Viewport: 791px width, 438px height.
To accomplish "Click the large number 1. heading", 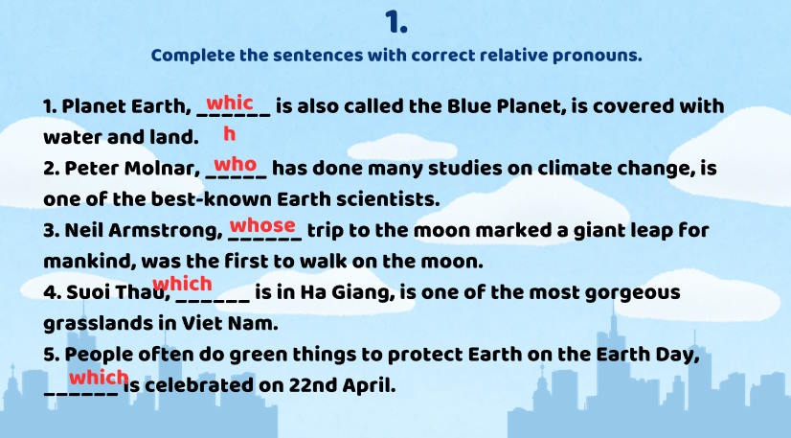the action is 396,23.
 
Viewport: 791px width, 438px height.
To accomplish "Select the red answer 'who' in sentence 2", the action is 235,165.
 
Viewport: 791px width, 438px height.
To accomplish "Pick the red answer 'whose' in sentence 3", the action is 262,224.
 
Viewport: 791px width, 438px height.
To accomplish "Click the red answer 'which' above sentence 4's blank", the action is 182,284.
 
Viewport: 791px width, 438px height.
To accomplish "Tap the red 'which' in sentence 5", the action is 99,377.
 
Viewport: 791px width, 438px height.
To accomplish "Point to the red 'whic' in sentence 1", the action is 230,103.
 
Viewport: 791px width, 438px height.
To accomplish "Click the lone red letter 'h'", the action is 230,134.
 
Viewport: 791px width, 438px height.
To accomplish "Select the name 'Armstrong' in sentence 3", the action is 166,231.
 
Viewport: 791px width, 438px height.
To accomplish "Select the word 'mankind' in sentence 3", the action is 89,262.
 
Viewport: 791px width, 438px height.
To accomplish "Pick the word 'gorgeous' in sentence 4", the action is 633,293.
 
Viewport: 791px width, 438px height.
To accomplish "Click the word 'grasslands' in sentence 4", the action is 98,324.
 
